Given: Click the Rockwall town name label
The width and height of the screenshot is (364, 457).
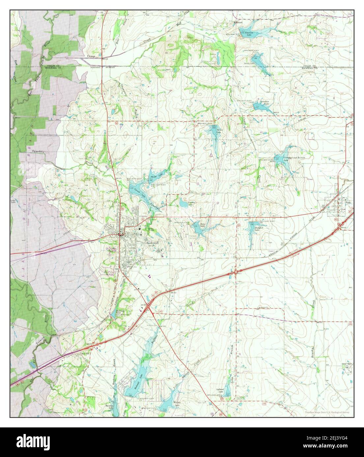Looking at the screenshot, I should click(152, 243).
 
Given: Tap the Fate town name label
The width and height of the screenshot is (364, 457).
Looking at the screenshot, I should click(348, 203).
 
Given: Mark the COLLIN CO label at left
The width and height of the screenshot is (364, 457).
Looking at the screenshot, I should click(53, 66).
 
